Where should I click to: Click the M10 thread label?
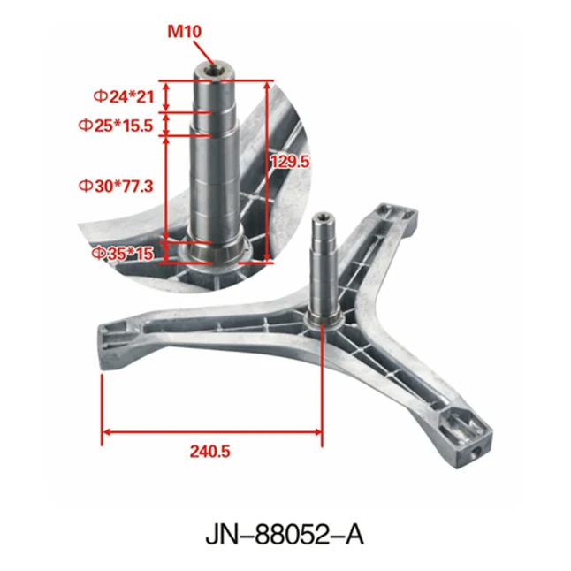click(x=186, y=32)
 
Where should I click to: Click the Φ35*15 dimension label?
click(x=121, y=254)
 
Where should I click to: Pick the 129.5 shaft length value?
click(x=293, y=162)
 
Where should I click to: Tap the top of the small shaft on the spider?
click(x=323, y=217)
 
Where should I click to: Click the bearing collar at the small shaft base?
click(x=321, y=316)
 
